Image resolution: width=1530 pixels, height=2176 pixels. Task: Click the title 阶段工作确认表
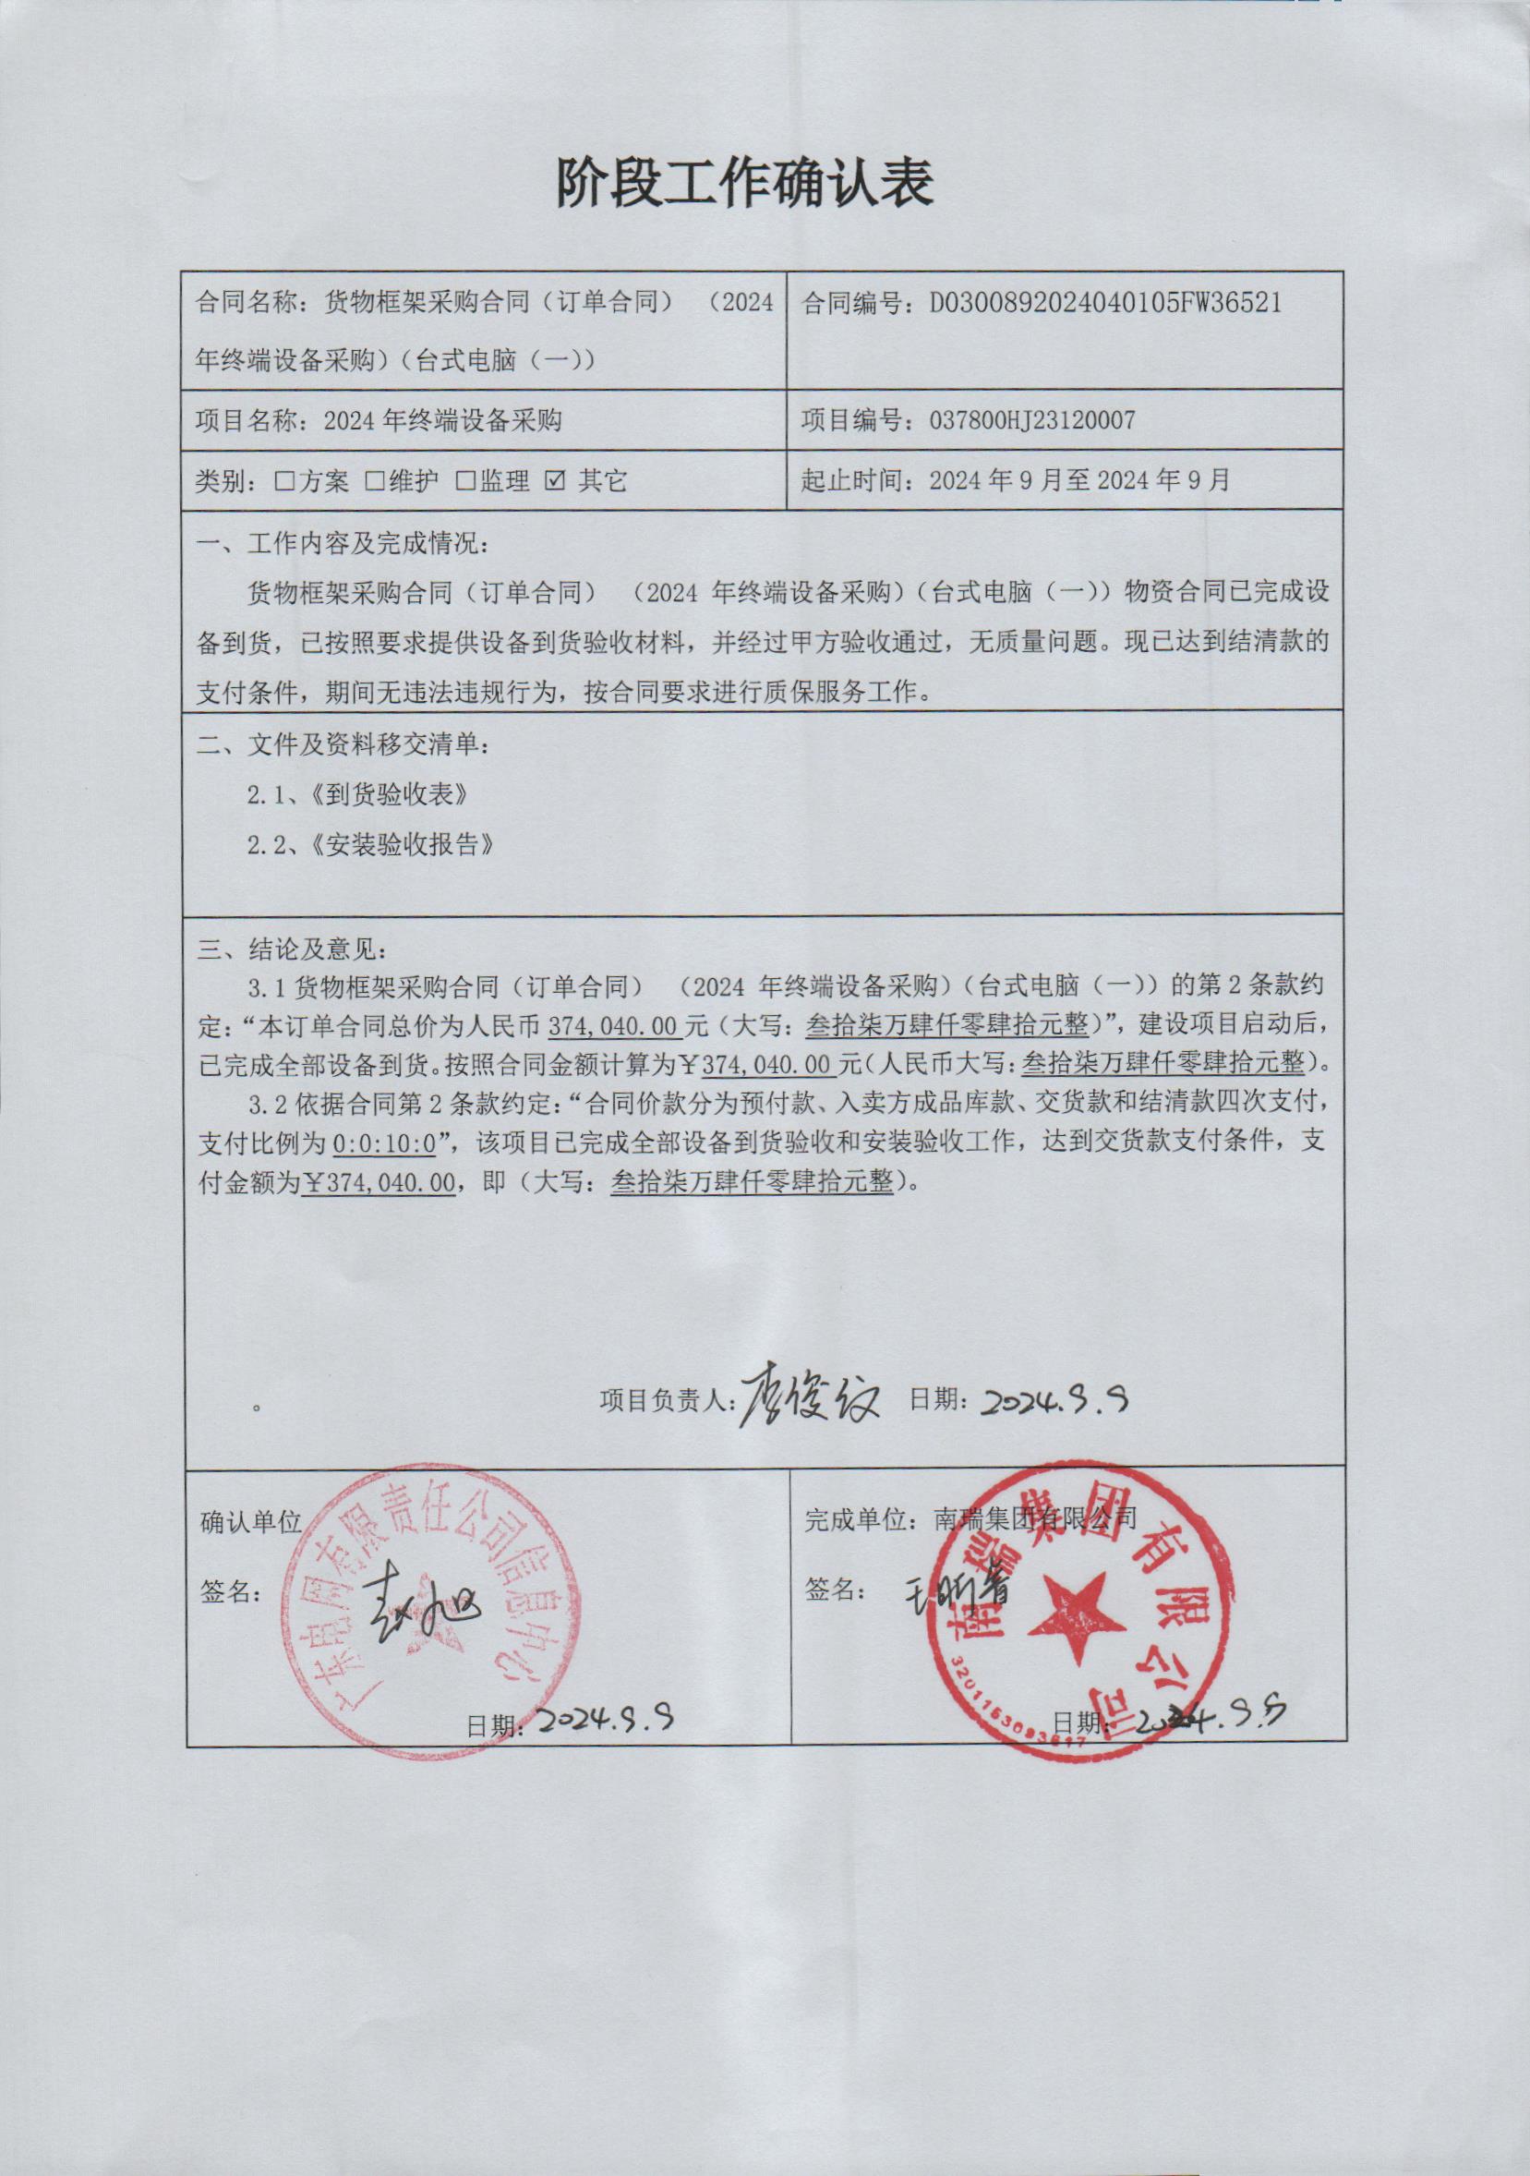744,183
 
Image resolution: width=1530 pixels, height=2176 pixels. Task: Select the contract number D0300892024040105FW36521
1105,303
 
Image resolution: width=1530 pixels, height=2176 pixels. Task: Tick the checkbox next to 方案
284,481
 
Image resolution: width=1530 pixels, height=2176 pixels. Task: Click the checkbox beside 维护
375,481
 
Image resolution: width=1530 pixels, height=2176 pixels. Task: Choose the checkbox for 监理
465,481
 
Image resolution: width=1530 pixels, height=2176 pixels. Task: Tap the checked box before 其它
555,481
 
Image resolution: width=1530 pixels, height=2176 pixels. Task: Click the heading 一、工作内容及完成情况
343,544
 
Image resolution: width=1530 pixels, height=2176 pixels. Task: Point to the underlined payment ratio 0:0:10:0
384,1144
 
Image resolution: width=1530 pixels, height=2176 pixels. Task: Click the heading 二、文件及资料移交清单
343,745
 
